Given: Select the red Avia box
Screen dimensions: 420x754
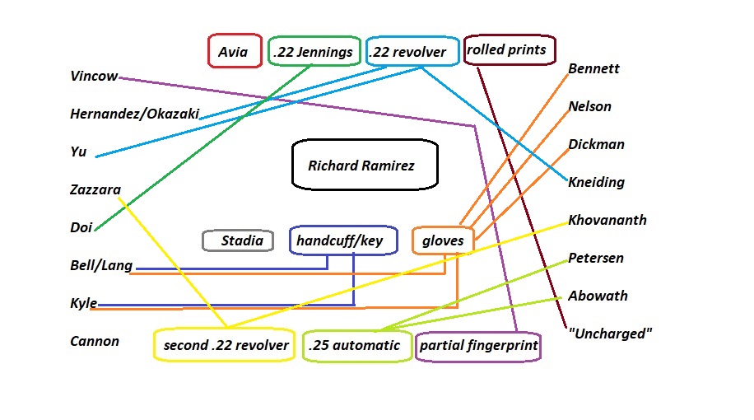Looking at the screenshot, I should pos(234,52).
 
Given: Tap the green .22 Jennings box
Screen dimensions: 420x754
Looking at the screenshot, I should pos(314,52).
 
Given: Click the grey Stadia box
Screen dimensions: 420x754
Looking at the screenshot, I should pos(238,240).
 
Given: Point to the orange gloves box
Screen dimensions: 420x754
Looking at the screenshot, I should pos(443,240).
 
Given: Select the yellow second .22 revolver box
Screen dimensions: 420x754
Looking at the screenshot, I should pos(225,345).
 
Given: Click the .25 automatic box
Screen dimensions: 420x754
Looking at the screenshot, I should pos(355,345).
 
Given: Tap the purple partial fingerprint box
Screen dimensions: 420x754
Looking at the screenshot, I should pos(479,346).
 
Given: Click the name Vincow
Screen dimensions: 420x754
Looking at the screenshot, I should pos(94,77).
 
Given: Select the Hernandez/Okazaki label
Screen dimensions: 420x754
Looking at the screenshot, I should pos(135,114).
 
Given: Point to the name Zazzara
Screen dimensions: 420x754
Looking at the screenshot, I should pos(95,190).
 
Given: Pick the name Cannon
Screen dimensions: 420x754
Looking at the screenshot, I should pos(95,341).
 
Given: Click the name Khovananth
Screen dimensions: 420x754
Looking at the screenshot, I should pos(607,220).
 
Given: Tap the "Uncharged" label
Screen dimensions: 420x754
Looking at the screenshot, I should pos(610,334).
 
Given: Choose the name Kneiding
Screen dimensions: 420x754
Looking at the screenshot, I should pos(596,182).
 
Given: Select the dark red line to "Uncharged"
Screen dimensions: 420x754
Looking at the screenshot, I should pos(521,198).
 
